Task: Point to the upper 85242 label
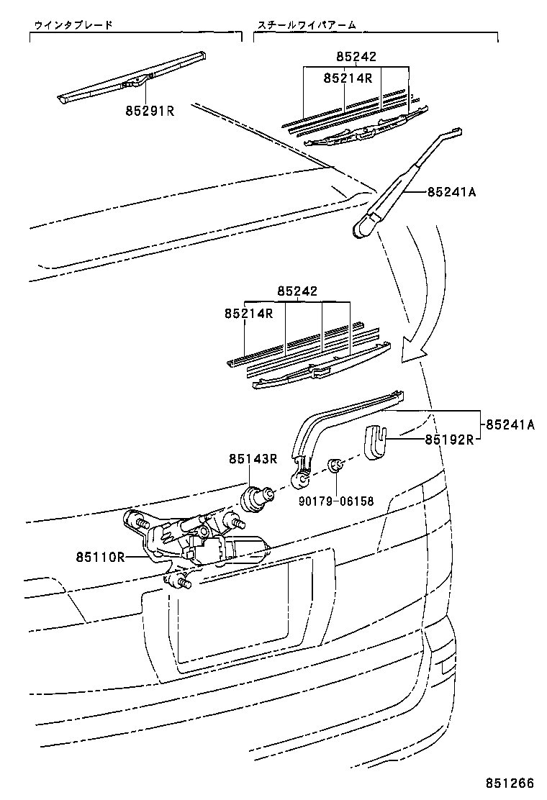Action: pyautogui.click(x=356, y=57)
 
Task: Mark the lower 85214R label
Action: pyautogui.click(x=248, y=314)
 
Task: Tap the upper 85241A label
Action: pyautogui.click(x=452, y=192)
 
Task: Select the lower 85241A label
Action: pyautogui.click(x=510, y=424)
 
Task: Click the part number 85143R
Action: pyautogui.click(x=254, y=458)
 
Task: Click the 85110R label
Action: pyautogui.click(x=100, y=556)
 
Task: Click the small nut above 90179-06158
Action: pyautogui.click(x=335, y=466)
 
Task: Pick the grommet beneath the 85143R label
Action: pyautogui.click(x=257, y=496)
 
